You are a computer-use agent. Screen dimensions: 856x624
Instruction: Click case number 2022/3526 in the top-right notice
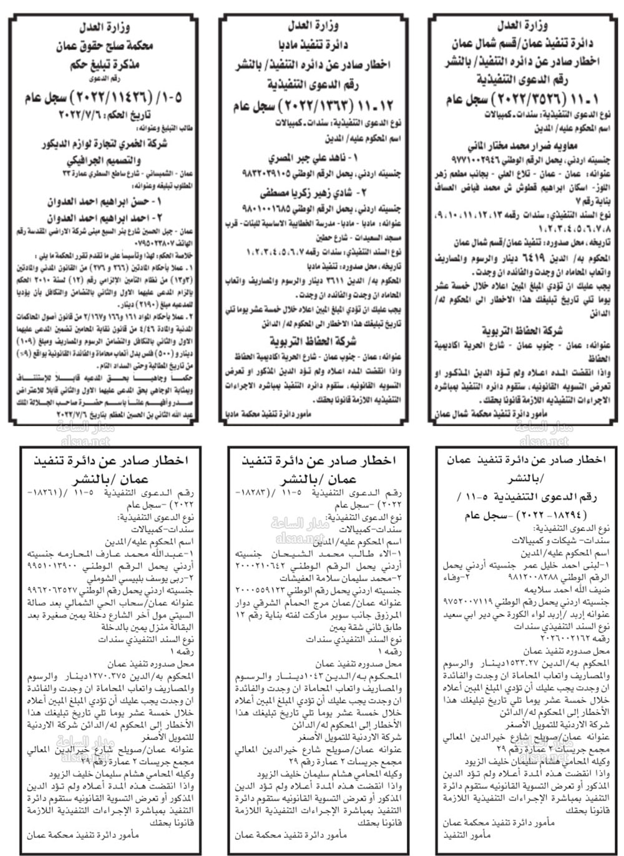click(x=522, y=99)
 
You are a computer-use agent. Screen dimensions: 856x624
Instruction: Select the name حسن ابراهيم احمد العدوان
click(x=104, y=202)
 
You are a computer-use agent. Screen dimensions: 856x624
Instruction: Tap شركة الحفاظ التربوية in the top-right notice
click(x=522, y=330)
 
